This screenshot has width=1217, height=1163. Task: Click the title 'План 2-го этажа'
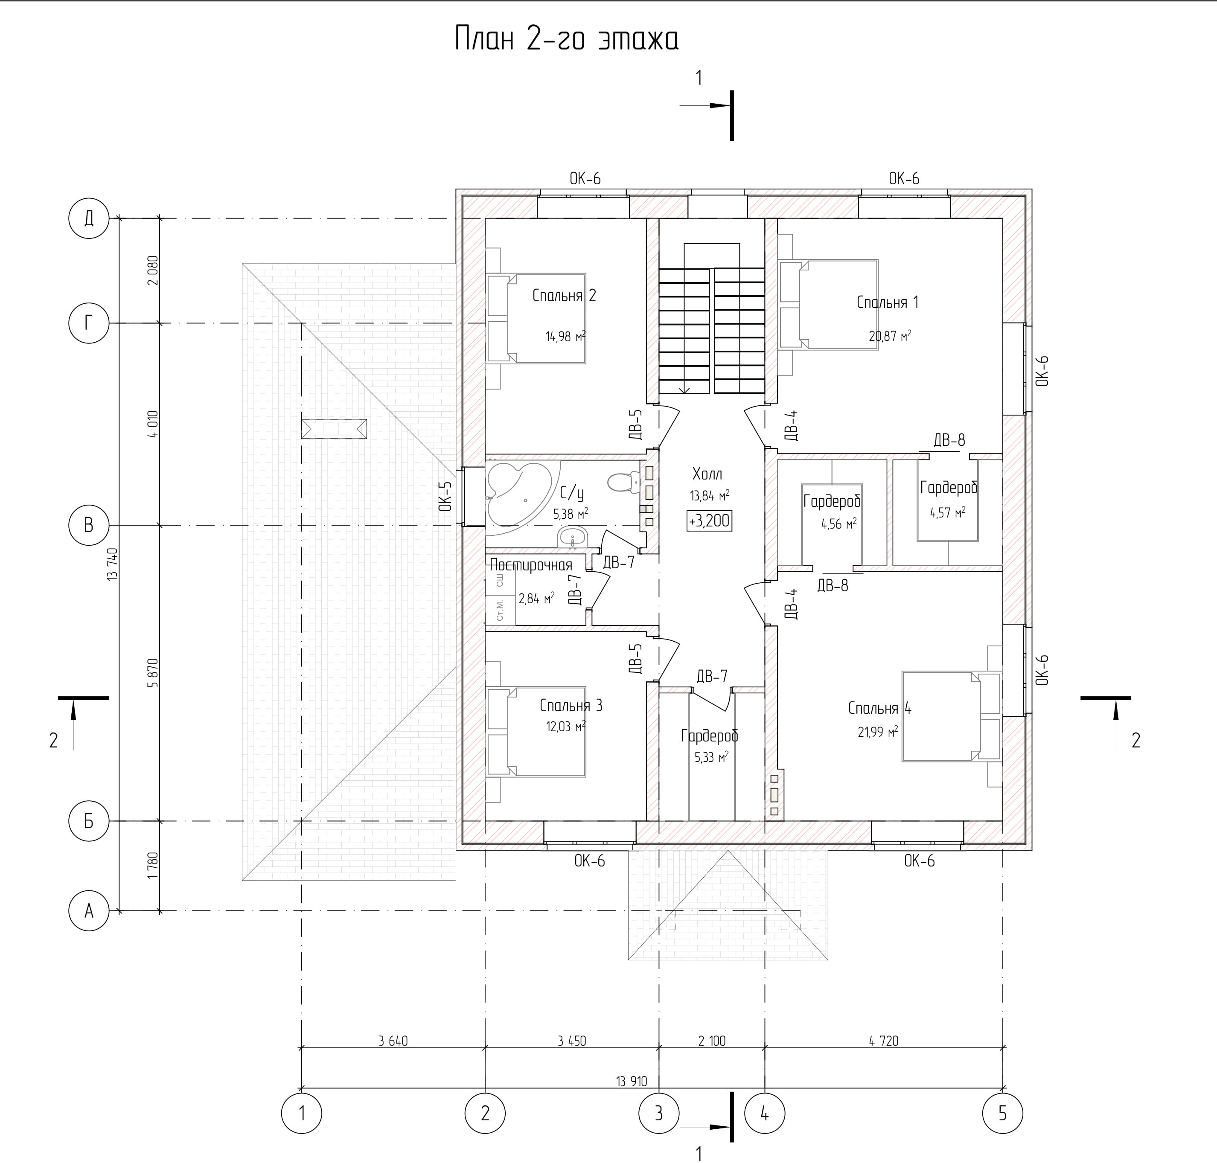567,39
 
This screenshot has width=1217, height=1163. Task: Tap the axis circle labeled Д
89,218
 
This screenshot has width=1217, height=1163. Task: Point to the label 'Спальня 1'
887,302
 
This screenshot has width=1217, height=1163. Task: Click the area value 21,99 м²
878,732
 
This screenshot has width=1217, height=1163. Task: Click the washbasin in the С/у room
572,538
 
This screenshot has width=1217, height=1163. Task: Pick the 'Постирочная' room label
531,565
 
